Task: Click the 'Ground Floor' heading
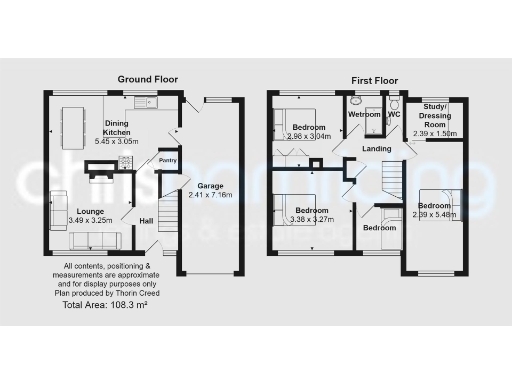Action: [x=148, y=78]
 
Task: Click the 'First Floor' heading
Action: [x=375, y=78]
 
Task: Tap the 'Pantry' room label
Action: [x=167, y=160]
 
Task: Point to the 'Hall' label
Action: [x=145, y=221]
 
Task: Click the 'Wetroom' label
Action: [x=364, y=115]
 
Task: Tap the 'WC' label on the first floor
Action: [x=394, y=115]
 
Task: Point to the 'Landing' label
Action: [x=376, y=149]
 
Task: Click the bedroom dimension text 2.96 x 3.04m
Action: [x=309, y=135]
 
